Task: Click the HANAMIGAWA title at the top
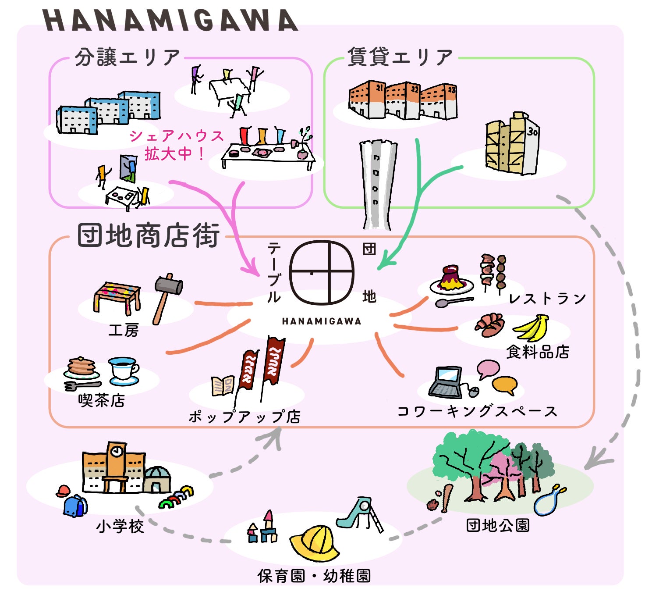click(x=170, y=20)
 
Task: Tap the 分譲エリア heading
click(x=127, y=57)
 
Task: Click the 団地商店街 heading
click(x=149, y=235)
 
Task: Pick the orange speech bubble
click(x=504, y=385)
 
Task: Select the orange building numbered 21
click(x=367, y=99)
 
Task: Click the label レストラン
click(x=547, y=298)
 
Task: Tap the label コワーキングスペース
click(x=478, y=411)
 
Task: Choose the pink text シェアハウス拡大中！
click(x=176, y=145)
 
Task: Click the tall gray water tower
click(x=378, y=185)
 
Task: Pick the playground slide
click(x=359, y=515)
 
